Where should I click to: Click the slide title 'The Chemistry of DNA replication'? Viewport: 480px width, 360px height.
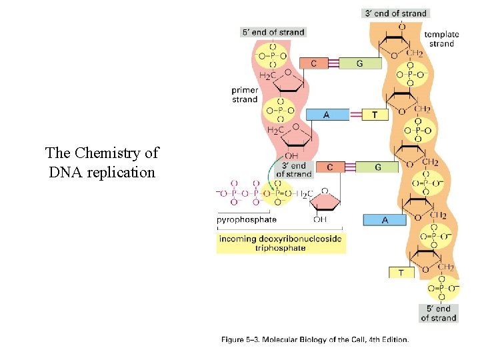[x=102, y=163]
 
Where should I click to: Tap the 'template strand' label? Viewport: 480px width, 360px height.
[x=441, y=39]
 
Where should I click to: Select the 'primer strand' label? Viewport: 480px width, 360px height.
[x=245, y=95]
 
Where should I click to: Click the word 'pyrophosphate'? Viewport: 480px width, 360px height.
[x=247, y=219]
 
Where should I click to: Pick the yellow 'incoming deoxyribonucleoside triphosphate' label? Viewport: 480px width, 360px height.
[x=281, y=243]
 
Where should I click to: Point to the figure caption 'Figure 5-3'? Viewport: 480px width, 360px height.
[x=315, y=339]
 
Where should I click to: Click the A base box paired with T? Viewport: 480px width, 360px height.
[x=326, y=115]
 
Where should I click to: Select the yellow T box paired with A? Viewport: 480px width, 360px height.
[x=375, y=115]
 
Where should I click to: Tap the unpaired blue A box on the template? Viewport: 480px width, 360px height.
[x=385, y=219]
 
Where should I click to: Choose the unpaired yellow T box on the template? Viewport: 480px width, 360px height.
[x=401, y=272]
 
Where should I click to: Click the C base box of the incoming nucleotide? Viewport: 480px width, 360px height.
[x=330, y=167]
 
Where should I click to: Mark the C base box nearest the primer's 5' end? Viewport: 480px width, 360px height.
[x=314, y=63]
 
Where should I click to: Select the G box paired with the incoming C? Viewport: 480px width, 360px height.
[x=377, y=167]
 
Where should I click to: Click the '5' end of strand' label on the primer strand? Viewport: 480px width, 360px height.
[x=273, y=32]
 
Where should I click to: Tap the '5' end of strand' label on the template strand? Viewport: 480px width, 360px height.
[x=439, y=313]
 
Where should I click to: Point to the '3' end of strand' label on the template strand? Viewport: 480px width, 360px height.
[x=395, y=13]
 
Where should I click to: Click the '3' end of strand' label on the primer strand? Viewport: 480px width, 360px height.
[x=293, y=169]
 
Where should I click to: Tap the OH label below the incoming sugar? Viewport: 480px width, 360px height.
[x=320, y=219]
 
